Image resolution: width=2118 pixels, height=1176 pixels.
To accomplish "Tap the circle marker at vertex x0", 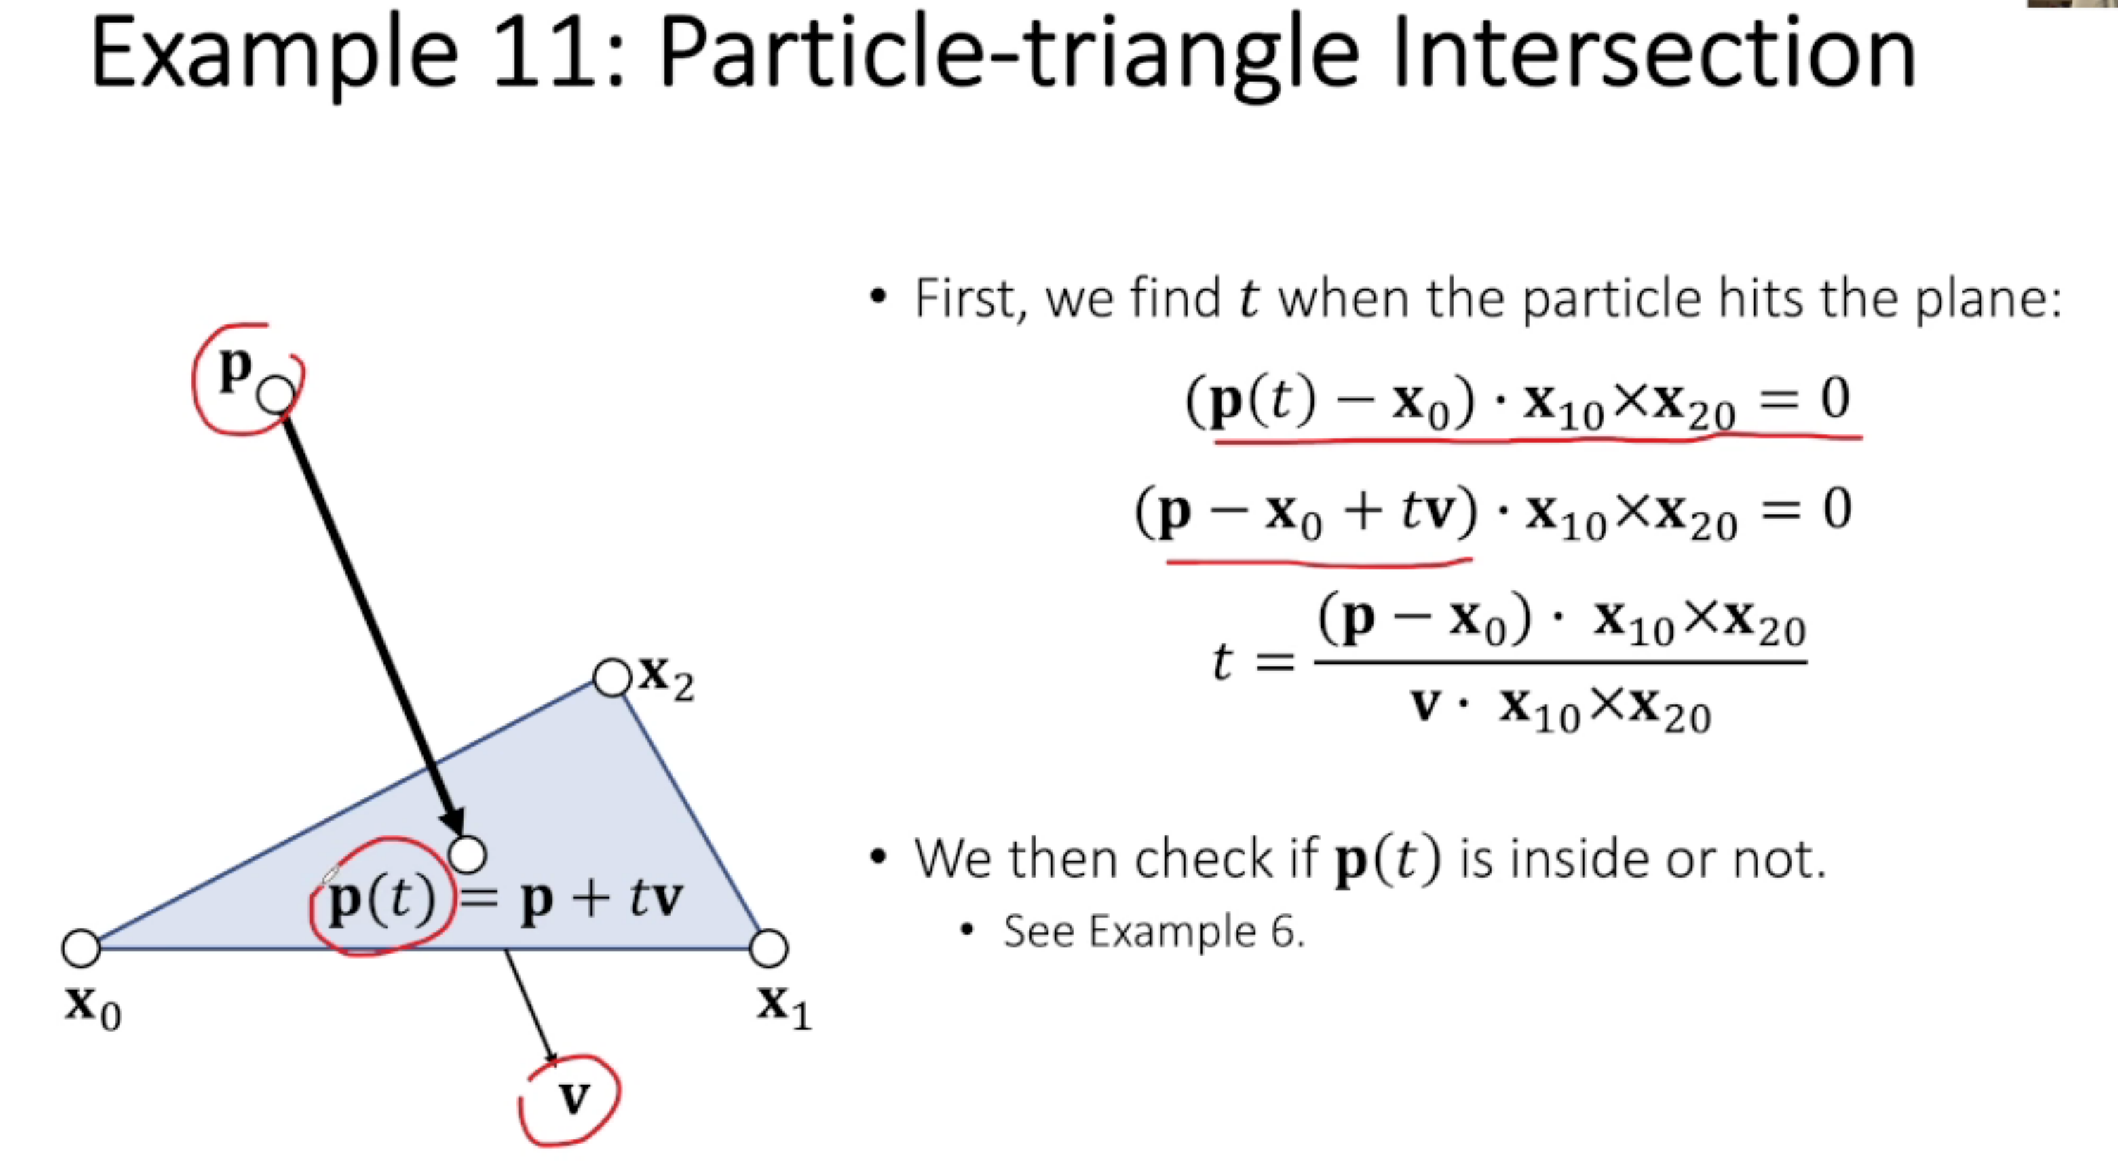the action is click(82, 948).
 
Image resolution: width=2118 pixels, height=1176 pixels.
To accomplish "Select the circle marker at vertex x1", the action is click(769, 948).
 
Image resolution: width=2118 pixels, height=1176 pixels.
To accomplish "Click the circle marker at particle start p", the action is click(275, 396).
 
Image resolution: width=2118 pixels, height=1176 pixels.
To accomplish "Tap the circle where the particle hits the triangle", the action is click(468, 854).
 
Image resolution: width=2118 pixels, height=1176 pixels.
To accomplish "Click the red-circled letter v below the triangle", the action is click(574, 1096).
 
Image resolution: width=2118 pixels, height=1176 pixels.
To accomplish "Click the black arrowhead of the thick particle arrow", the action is click(454, 823).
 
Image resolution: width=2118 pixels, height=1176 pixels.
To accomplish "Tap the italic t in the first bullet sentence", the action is click(1249, 298).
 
